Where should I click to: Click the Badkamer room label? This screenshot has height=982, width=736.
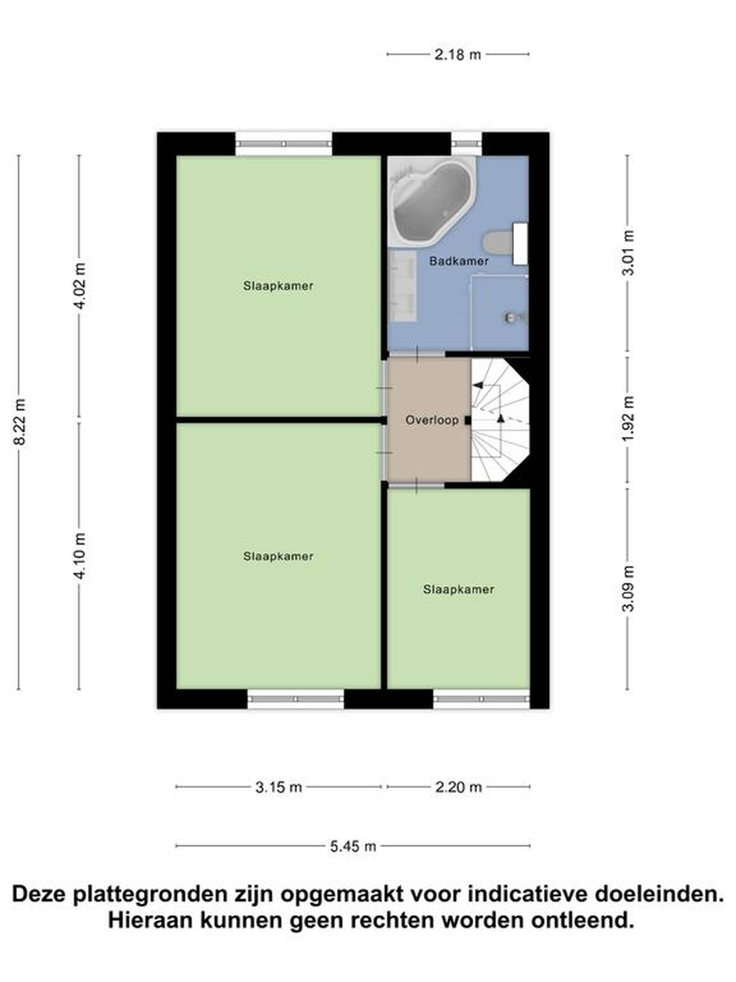(x=459, y=261)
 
